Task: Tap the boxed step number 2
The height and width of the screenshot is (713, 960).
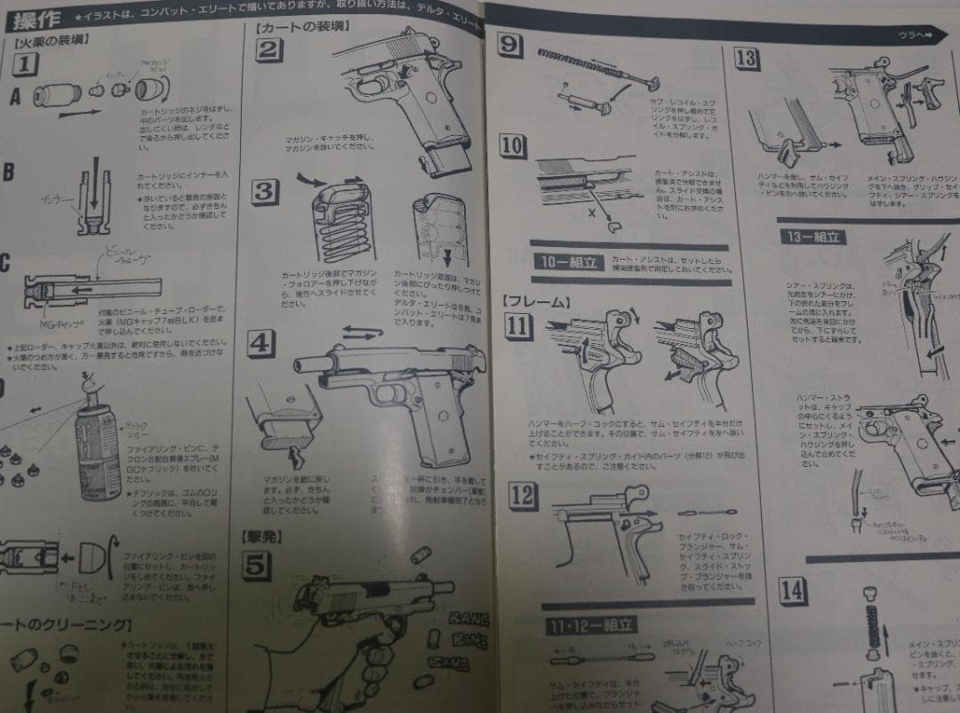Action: coord(268,49)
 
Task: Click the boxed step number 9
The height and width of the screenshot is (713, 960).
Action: coord(509,43)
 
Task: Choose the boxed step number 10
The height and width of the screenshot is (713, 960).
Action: coord(512,146)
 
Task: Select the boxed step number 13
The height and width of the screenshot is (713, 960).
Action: coord(748,60)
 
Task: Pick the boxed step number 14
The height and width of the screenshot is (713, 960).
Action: coord(792,590)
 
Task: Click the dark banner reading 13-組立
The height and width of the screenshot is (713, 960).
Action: coord(812,236)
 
